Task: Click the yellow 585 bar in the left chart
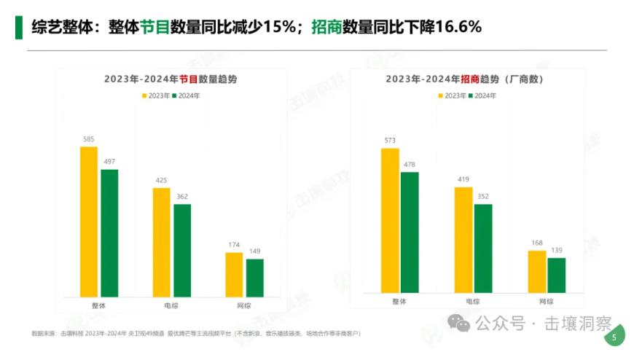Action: (88, 222)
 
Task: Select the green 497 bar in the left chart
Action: (109, 233)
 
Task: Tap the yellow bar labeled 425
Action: (161, 242)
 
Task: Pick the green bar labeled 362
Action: (182, 250)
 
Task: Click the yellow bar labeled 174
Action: (234, 275)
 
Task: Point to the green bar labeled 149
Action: (255, 278)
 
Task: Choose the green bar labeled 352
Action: (483, 249)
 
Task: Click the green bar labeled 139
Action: (557, 275)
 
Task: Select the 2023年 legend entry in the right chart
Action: (452, 95)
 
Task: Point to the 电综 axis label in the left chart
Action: (171, 305)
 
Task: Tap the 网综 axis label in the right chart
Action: (547, 301)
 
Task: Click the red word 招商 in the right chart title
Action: (471, 79)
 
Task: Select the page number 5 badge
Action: (614, 337)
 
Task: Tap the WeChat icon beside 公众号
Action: (459, 324)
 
